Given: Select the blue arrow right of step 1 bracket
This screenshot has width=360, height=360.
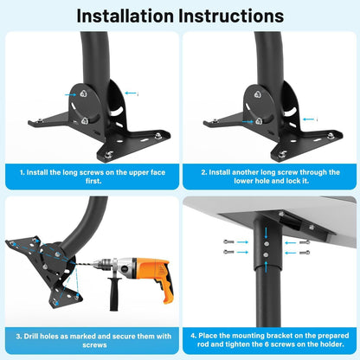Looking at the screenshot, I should (130, 93).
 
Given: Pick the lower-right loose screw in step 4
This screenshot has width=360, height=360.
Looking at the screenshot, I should (304, 253).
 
